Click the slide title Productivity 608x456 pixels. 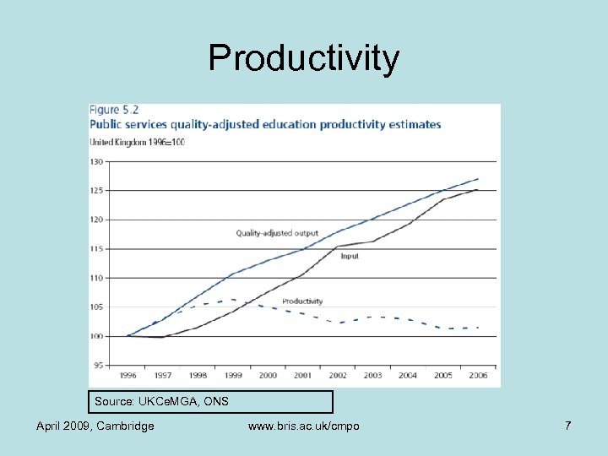click(304, 58)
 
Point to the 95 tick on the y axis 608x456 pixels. click(97, 366)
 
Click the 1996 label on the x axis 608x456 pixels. click(128, 375)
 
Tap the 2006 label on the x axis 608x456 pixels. click(478, 375)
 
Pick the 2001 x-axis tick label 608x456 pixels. click(303, 375)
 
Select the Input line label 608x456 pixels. click(350, 257)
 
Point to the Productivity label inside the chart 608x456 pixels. click(302, 301)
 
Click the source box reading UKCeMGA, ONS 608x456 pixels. click(210, 401)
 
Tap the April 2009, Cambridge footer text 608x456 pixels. click(95, 426)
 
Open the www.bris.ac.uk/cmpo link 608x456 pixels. click(304, 426)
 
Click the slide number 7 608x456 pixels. click(568, 426)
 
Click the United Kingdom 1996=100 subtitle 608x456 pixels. click(138, 142)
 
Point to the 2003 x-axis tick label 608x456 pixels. click(373, 375)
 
